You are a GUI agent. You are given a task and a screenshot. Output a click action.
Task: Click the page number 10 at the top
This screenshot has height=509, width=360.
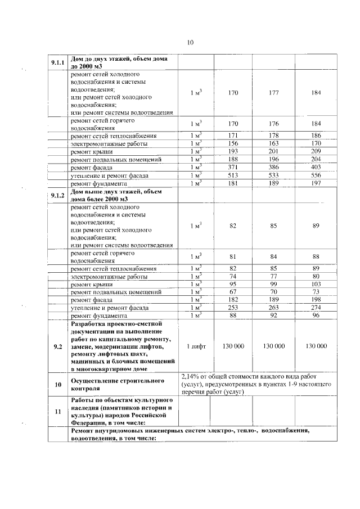[x=190, y=43]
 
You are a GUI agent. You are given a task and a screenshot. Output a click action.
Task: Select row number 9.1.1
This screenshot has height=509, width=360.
[x=57, y=62]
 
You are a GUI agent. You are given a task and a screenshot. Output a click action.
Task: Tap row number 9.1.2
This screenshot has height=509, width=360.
[x=57, y=195]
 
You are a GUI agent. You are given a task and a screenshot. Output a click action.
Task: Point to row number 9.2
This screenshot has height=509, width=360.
[x=57, y=346]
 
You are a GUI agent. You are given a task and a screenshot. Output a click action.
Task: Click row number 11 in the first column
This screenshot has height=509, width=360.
[x=57, y=412]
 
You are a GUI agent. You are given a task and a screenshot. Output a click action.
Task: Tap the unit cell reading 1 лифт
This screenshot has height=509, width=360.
[x=195, y=346]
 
